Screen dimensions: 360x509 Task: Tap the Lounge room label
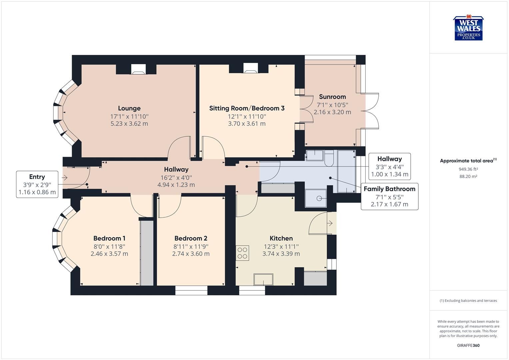tap(129, 108)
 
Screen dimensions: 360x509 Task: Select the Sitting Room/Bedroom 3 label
tap(247, 108)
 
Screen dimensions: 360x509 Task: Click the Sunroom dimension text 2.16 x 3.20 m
tap(332, 112)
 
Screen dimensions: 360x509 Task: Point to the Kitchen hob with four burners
tap(242, 253)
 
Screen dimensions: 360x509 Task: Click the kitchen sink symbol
tap(263, 279)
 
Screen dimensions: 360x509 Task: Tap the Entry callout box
tap(37, 184)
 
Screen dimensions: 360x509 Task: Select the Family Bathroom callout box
tap(389, 196)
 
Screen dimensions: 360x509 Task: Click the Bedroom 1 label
tap(109, 238)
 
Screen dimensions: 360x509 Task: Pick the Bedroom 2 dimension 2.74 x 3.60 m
tap(191, 254)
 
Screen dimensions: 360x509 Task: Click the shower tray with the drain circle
tap(316, 198)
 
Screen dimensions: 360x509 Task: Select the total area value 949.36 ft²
tap(468, 169)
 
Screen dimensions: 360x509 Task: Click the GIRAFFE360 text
tap(468, 345)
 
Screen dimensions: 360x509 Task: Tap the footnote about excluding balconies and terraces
tap(468, 301)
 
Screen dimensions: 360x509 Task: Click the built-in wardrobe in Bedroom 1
tap(146, 252)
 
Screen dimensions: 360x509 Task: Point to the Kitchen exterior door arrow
tap(330, 223)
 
